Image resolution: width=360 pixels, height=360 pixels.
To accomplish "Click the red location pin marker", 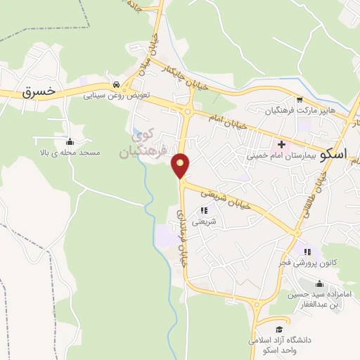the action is pyautogui.click(x=181, y=165).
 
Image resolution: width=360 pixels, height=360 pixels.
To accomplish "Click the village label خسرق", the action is pyautogui.click(x=38, y=91).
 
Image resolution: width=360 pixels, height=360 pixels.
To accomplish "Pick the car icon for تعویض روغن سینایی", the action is pyautogui.click(x=116, y=82).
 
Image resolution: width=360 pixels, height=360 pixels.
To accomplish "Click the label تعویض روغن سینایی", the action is pyautogui.click(x=115, y=93).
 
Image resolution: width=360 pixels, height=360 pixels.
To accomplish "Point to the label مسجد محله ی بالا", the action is pyautogui.click(x=70, y=152).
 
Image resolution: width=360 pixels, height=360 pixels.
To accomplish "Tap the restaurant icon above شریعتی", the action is pyautogui.click(x=204, y=210).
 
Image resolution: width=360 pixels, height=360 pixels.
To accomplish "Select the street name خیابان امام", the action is pyautogui.click(x=229, y=118).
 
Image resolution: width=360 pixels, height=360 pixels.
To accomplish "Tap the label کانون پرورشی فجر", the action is pyautogui.click(x=305, y=262).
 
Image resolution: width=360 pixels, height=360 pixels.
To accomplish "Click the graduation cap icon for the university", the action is pyautogui.click(x=279, y=329).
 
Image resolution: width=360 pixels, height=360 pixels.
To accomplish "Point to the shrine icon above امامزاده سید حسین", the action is pyautogui.click(x=321, y=284).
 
